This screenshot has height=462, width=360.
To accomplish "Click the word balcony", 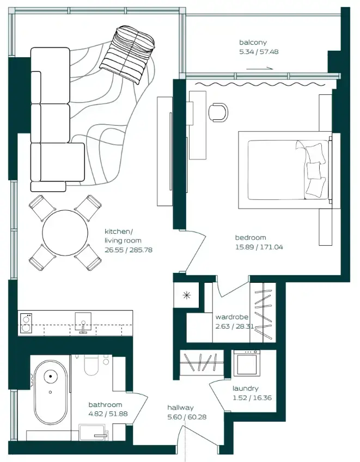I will pyautogui.click(x=253, y=42).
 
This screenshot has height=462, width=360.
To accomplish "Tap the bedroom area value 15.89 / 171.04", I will pyautogui.click(x=259, y=247).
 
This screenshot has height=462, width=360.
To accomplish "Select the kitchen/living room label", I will pyautogui.click(x=123, y=235).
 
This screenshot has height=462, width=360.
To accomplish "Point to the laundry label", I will pyautogui.click(x=245, y=388).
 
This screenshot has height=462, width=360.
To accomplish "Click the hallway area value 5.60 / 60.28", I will pyautogui.click(x=186, y=417).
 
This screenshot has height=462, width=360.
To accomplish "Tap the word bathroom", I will pyautogui.click(x=105, y=405).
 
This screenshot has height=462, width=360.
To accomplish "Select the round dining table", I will pyautogui.click(x=65, y=233).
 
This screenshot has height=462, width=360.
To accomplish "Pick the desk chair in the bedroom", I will pyautogui.click(x=218, y=111).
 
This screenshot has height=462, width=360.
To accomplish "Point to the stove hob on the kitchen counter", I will pyautogui.click(x=26, y=322).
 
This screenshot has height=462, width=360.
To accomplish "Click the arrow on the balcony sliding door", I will pyautogui.click(x=260, y=69).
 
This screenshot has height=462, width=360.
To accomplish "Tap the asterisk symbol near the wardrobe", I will pyautogui.click(x=187, y=296).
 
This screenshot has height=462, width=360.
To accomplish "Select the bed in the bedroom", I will pyautogui.click(x=284, y=169).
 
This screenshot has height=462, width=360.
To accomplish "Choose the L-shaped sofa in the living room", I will pyautogui.click(x=52, y=117).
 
